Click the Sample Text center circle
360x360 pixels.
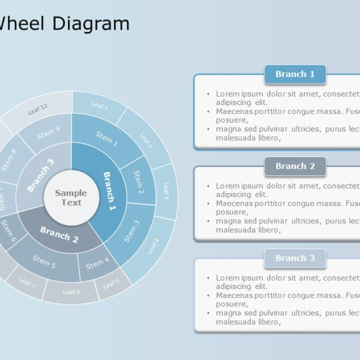[x=71, y=198]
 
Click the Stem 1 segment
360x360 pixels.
[x=107, y=139]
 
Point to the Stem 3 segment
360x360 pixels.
[x=131, y=231]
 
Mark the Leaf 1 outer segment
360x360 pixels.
[x=100, y=106]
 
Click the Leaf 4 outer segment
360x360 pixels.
[x=153, y=246]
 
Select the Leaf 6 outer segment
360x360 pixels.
[x=71, y=292]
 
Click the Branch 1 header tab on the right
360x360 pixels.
[x=295, y=74]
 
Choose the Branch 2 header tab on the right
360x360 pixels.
[x=295, y=166]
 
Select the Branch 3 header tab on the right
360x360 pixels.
[x=295, y=258]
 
